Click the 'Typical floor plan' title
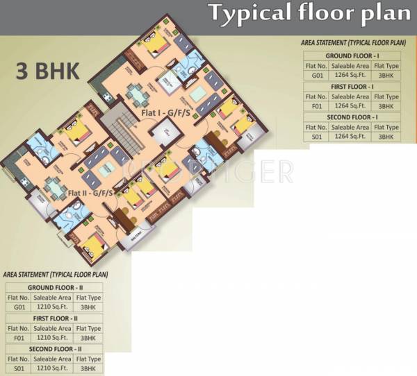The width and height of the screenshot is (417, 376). tap(309, 13)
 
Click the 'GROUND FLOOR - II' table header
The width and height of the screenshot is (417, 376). tap(55, 287)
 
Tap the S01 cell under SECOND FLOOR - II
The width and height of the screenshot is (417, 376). tap(19, 368)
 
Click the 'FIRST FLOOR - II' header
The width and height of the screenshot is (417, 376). tap(55, 318)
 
